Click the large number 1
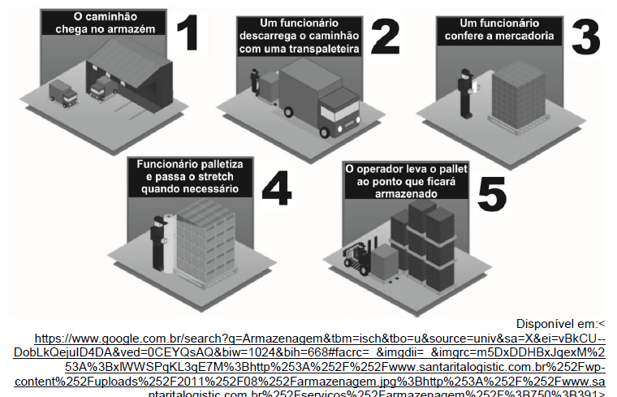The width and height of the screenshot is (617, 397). [x=188, y=32]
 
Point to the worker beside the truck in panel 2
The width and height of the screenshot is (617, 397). [x=254, y=81]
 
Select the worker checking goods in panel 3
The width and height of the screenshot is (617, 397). [x=465, y=92]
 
